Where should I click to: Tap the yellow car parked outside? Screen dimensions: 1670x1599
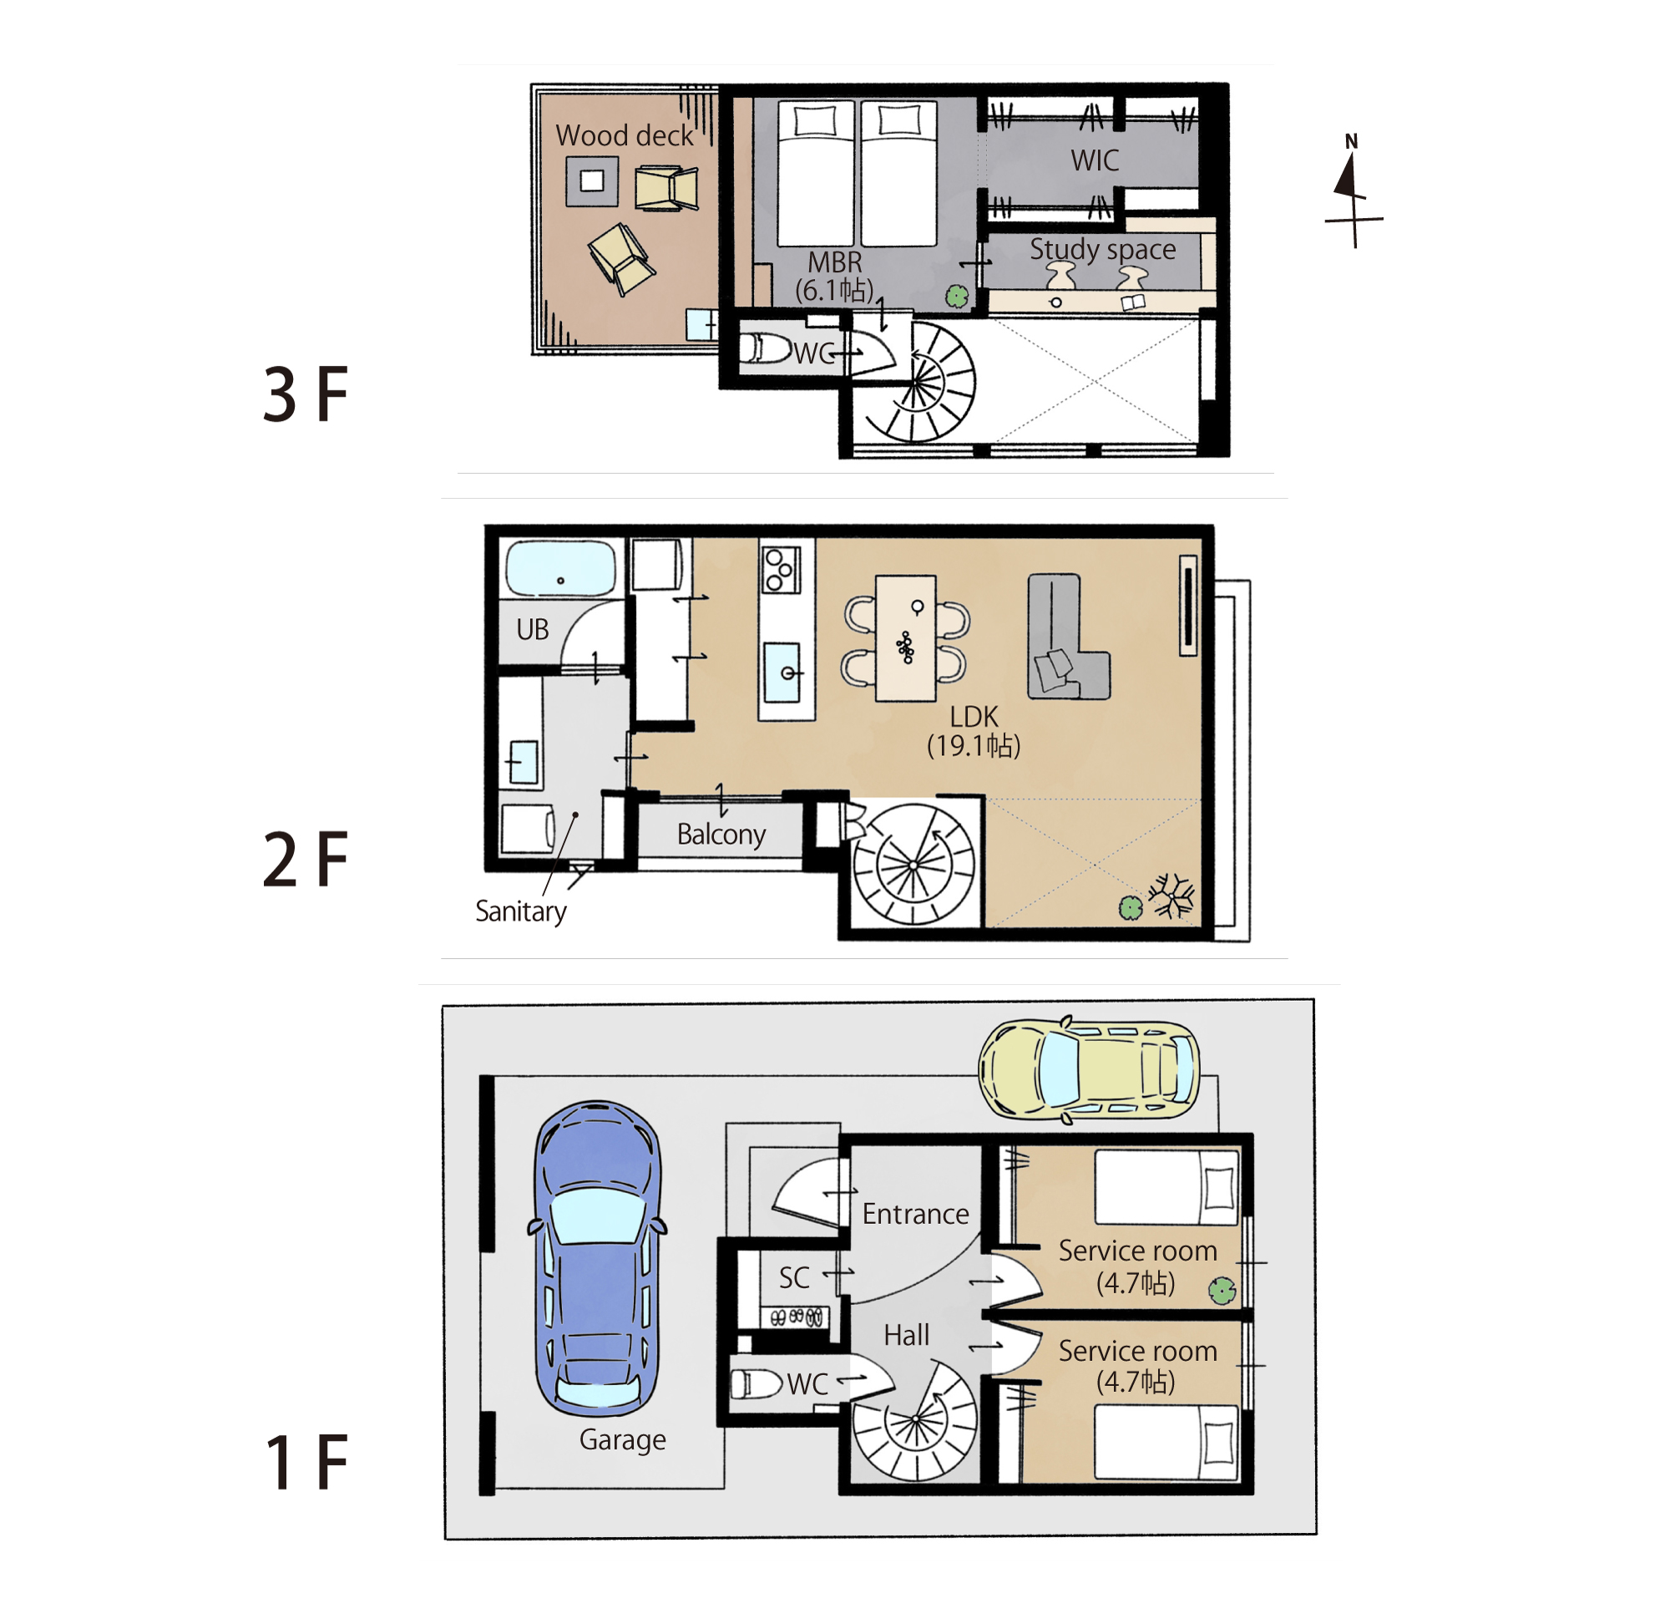(x=1089, y=1069)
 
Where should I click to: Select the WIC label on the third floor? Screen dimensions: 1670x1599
(x=1095, y=160)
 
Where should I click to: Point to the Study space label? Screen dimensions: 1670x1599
(x=1102, y=249)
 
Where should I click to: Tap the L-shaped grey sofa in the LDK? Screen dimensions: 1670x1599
(x=1068, y=637)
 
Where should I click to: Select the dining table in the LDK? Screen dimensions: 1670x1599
(x=905, y=638)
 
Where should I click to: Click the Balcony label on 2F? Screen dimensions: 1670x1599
(x=721, y=834)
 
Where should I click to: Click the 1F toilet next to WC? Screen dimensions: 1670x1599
(x=756, y=1383)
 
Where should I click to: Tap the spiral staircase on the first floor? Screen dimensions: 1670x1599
(x=915, y=1420)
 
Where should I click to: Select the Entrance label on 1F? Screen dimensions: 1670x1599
(x=915, y=1213)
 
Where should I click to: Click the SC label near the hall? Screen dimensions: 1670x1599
(x=794, y=1277)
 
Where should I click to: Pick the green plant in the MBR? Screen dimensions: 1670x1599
(x=957, y=296)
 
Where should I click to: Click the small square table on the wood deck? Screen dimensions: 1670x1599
(x=592, y=180)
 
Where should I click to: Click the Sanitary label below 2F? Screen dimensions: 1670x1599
(x=520, y=911)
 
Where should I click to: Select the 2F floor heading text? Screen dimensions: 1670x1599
(x=306, y=859)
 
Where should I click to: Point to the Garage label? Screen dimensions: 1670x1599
(x=623, y=1439)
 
